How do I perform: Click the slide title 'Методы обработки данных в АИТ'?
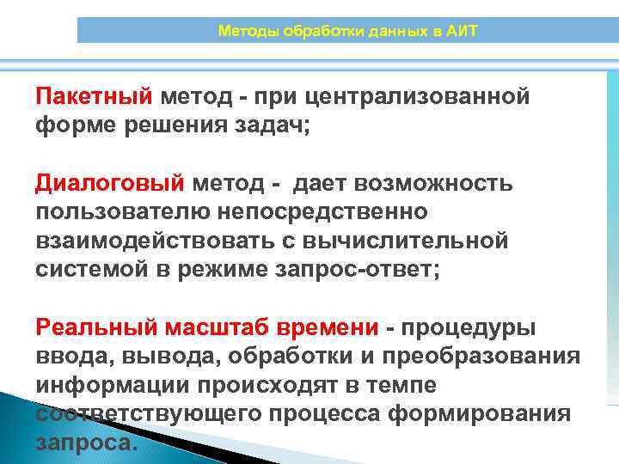pos(347,32)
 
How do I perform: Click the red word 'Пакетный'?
pos(94,95)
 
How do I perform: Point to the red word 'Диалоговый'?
pos(110,183)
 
